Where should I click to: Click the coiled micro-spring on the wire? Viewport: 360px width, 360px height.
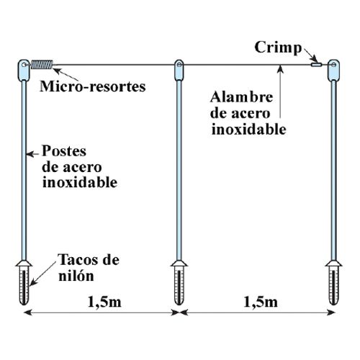coord(42,64)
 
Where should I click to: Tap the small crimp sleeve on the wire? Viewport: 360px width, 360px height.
coord(316,64)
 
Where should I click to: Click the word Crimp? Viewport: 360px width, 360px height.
coord(278,48)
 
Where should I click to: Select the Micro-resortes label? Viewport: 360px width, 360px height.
coord(93,86)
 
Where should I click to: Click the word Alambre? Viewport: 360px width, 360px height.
coord(241,97)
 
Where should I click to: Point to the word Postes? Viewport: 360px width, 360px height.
coord(64,151)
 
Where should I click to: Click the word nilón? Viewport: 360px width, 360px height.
coord(76,276)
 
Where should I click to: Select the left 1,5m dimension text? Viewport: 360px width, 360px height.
coord(104,302)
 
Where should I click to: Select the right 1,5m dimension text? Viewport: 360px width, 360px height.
coord(261,302)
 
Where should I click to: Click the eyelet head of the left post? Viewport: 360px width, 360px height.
coord(24,70)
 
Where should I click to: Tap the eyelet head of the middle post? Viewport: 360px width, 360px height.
coord(179,70)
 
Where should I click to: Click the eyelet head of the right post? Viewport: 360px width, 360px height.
coord(333,70)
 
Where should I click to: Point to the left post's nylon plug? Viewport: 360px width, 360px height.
coord(24,283)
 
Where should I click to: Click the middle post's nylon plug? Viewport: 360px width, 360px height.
coord(179,283)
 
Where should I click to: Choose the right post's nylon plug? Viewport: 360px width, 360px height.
coord(333,283)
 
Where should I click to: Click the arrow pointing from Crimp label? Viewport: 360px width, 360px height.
coord(310,55)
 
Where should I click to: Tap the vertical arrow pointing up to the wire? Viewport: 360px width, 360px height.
coord(280,91)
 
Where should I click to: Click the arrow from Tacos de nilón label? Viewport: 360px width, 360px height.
coord(42,274)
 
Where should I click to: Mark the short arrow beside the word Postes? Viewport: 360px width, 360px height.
coord(32,154)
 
